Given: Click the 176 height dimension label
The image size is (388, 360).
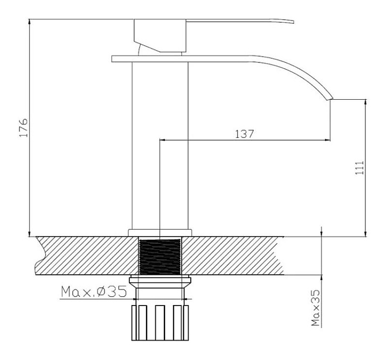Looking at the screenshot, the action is tap(24, 128).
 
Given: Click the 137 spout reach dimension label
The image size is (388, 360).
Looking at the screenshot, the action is tap(244, 134).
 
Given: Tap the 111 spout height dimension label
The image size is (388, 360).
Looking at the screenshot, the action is tap(359, 168).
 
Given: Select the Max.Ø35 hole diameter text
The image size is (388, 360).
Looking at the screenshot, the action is tap(94, 292).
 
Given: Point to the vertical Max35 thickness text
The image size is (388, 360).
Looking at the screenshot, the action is tap(316, 308).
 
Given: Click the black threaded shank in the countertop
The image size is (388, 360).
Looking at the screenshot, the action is tap(160, 257).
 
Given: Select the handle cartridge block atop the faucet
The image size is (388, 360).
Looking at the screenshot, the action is tap(160, 36).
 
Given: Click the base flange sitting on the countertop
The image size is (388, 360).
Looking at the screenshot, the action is tap(160, 233).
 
